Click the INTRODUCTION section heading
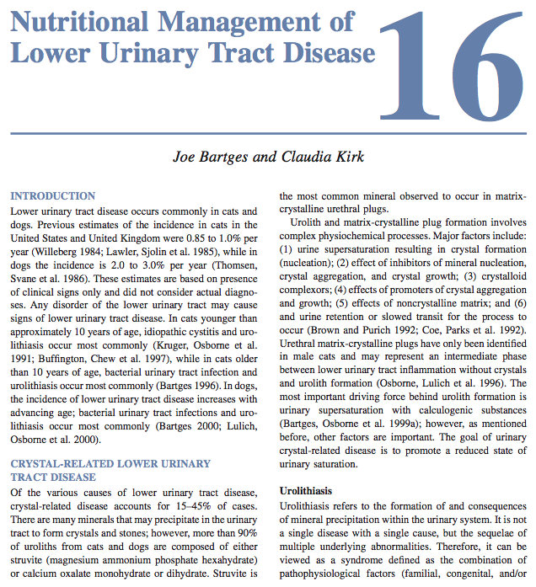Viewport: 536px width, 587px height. point(52,195)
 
